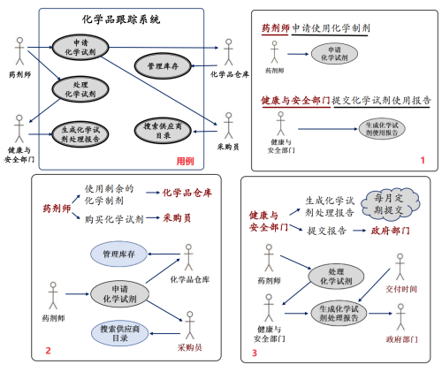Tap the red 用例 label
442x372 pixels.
coord(186,160)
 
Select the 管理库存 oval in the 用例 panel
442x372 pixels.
coord(163,65)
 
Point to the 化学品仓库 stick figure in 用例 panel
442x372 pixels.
coord(229,49)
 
